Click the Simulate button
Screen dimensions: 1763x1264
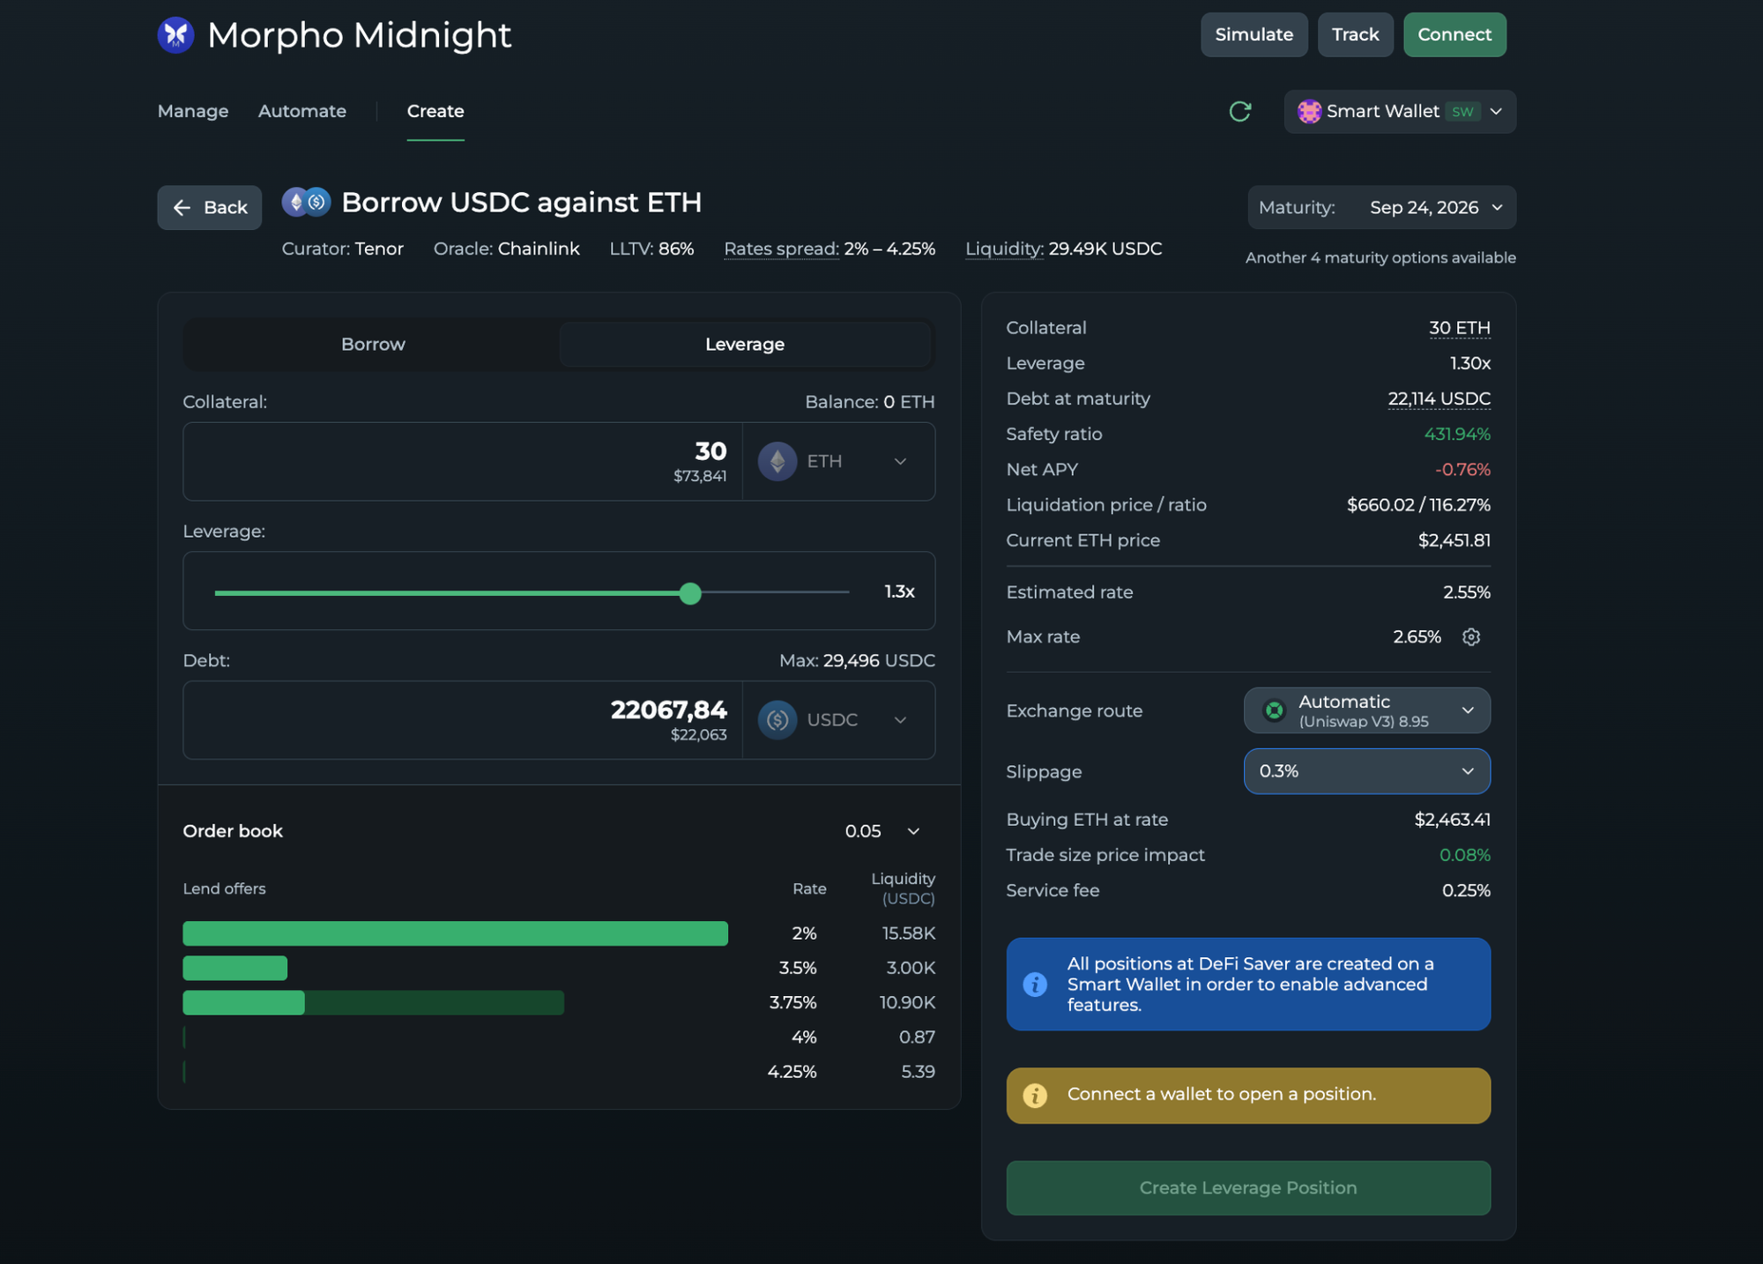click(1253, 34)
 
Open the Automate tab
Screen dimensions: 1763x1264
click(302, 111)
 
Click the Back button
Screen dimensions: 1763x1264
click(209, 207)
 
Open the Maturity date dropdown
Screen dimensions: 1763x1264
click(1381, 207)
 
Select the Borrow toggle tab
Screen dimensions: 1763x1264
click(373, 344)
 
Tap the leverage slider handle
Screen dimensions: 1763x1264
click(690, 593)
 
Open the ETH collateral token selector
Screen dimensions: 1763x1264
click(838, 461)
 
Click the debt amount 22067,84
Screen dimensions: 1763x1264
click(669, 710)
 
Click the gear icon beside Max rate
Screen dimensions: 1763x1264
click(1471, 636)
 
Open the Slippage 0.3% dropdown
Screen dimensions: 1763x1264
click(1367, 771)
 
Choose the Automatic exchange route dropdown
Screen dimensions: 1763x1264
click(1367, 710)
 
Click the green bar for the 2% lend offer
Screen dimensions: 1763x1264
click(455, 933)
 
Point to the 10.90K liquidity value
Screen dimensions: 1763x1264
click(907, 1002)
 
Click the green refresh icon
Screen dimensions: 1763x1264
click(1240, 111)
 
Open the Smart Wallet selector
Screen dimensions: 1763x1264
click(1400, 112)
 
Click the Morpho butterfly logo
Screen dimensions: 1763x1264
click(175, 34)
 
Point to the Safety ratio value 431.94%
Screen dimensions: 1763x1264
click(1457, 434)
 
